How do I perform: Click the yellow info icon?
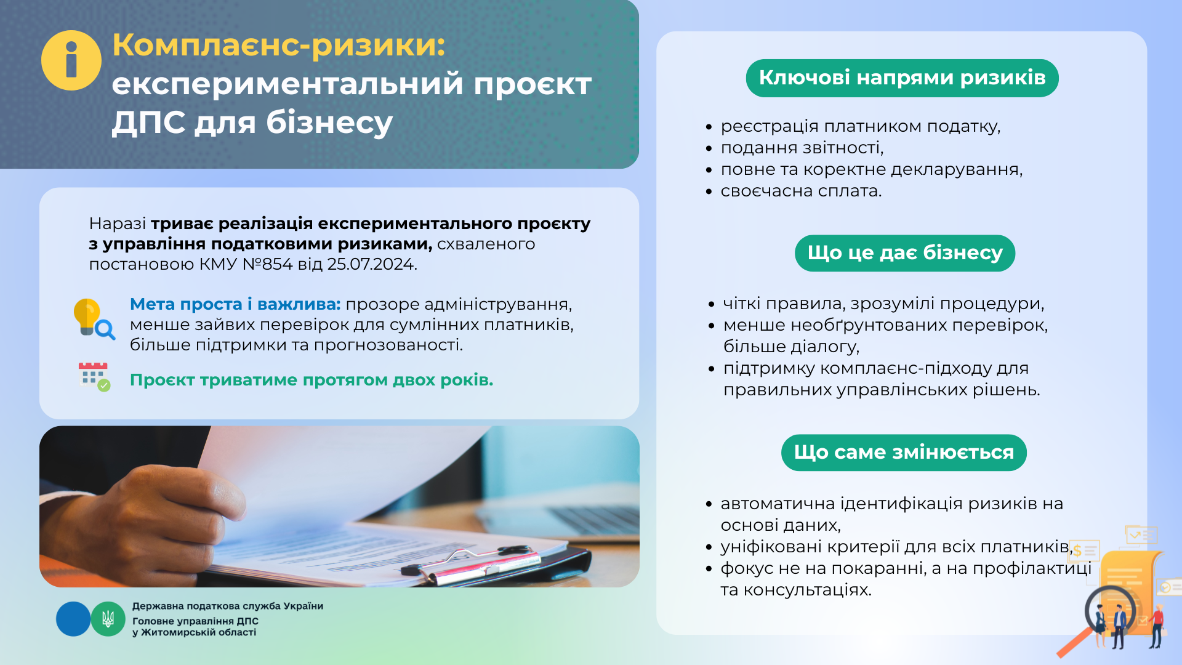coord(71,60)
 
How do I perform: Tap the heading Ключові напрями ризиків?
coord(902,78)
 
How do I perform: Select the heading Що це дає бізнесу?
coord(905,253)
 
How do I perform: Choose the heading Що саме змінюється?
coord(904,453)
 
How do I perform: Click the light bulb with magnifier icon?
coord(94,319)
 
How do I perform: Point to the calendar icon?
coord(94,376)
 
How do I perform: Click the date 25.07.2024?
coord(372,264)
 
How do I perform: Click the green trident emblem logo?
coord(108,619)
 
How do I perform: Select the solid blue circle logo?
coord(73,619)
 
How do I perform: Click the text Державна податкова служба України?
coord(228,606)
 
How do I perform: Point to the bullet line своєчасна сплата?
coord(801,191)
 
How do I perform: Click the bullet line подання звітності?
coord(802,148)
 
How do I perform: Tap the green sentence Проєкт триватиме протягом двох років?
coord(312,380)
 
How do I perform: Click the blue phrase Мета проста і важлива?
coord(235,304)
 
